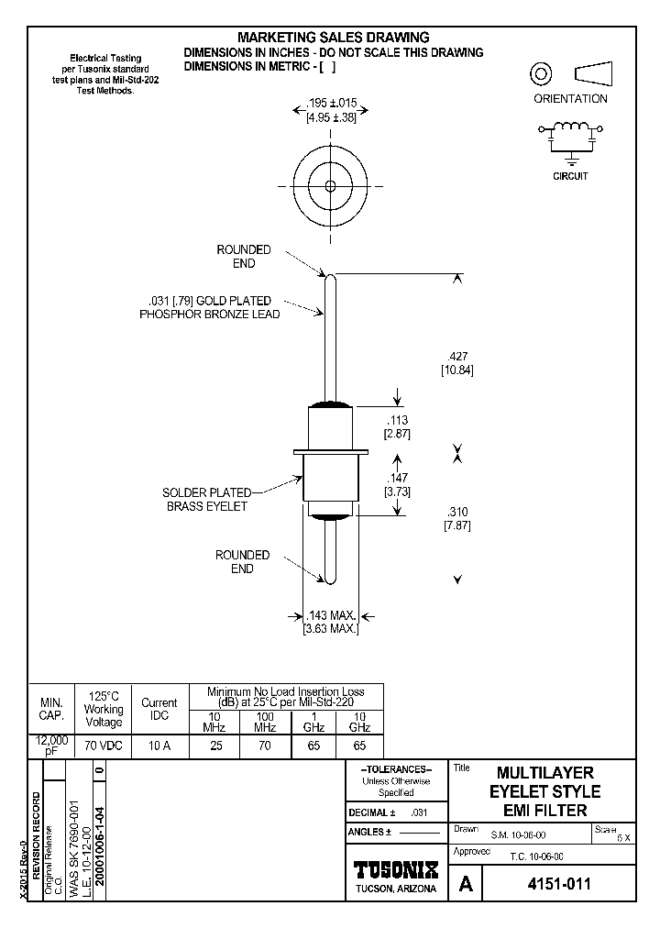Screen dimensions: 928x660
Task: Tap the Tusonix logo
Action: (x=396, y=868)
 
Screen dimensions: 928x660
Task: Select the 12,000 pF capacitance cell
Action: (x=51, y=746)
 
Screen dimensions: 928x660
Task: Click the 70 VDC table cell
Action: (x=103, y=746)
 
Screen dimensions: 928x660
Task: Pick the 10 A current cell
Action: (x=159, y=746)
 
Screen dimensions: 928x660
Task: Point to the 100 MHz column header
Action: (x=264, y=722)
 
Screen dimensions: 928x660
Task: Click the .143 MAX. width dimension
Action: (x=330, y=623)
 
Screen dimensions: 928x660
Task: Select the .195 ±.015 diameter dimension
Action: (x=330, y=110)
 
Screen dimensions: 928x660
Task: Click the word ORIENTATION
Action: (x=570, y=99)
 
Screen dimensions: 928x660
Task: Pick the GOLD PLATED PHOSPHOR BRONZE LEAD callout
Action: (x=209, y=307)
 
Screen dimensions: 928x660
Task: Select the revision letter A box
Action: (x=466, y=885)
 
